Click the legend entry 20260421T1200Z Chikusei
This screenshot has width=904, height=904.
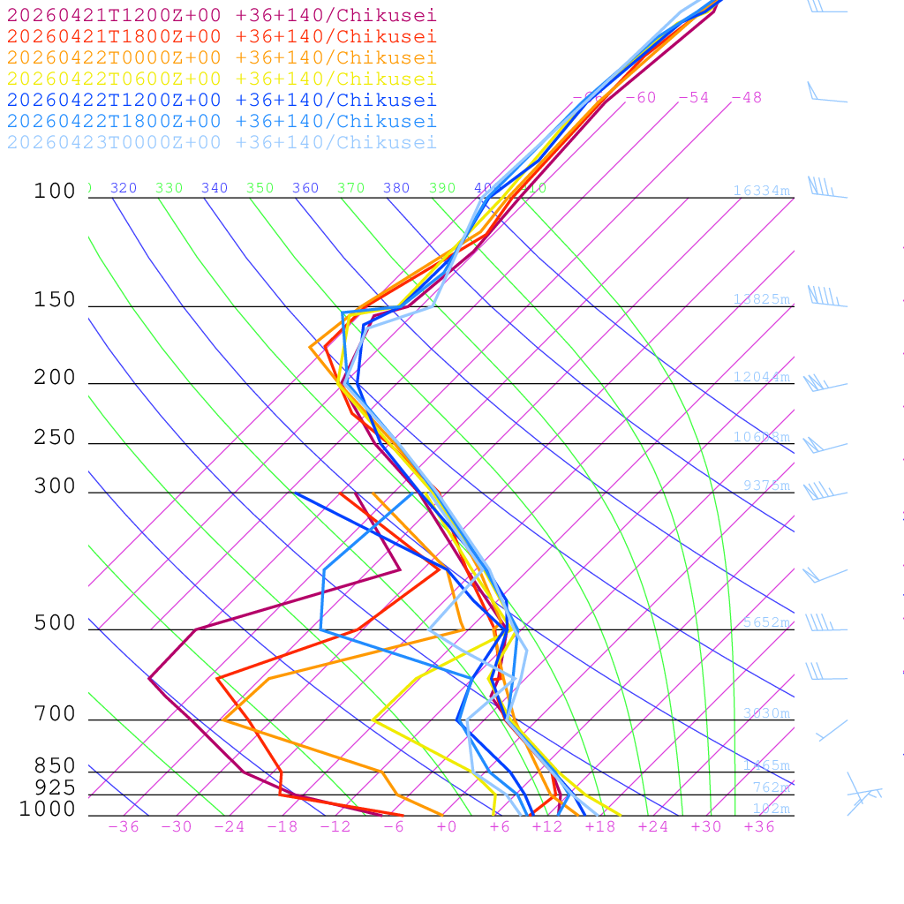222,15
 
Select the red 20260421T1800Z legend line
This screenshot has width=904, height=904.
222,36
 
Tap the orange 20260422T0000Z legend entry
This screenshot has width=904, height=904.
222,57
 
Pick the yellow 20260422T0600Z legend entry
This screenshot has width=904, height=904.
222,79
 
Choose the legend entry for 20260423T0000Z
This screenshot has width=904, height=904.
222,142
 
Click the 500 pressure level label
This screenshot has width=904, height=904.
55,623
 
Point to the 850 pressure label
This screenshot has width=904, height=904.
55,765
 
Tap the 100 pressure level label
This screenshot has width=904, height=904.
55,191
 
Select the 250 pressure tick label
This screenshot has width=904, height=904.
55,438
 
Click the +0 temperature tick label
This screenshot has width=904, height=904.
447,826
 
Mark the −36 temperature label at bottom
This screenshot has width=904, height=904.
124,826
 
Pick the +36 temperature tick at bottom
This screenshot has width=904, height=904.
759,826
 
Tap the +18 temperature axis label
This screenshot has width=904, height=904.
600,826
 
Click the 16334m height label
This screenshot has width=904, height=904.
761,191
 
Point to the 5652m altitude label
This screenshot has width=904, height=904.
766,622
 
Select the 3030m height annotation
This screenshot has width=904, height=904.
766,713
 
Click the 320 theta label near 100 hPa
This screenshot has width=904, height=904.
124,188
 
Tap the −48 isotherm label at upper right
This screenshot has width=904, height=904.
746,97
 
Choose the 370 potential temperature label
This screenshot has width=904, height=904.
350,188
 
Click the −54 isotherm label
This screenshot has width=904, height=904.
693,97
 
